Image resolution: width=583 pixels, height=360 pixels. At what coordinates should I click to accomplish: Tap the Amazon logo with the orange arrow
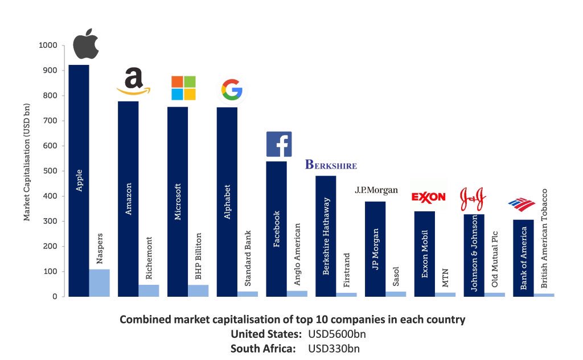(x=133, y=82)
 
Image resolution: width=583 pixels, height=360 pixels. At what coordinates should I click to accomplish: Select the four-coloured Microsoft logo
(x=183, y=88)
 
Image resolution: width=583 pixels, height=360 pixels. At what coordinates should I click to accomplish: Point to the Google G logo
(x=231, y=90)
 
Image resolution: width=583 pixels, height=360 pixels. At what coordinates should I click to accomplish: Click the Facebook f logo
(x=279, y=144)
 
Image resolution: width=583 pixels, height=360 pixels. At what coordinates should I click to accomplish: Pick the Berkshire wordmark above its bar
(x=331, y=165)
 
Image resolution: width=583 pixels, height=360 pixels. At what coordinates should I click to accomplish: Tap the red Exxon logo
(x=428, y=197)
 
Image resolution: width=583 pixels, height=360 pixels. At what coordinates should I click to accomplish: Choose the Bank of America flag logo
(x=522, y=204)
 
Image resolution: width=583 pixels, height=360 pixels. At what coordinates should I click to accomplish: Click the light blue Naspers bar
(x=99, y=283)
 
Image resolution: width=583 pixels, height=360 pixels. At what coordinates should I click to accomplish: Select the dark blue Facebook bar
(x=276, y=228)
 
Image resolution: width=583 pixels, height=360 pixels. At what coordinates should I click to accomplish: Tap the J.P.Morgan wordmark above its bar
(x=376, y=190)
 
